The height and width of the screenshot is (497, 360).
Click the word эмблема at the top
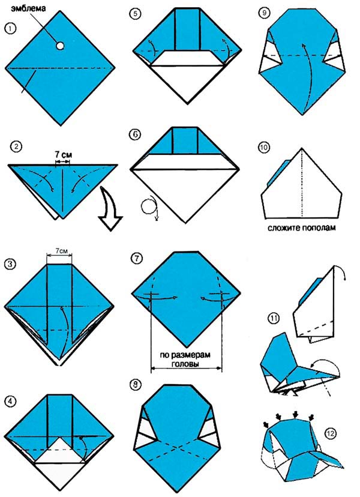[x=29, y=8]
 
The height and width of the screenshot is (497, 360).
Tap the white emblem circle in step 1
[x=60, y=46]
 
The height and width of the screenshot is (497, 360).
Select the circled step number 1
[x=10, y=29]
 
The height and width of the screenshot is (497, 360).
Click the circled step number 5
[x=136, y=14]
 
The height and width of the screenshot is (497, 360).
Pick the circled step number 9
[x=264, y=13]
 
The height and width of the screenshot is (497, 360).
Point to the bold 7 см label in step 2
[x=63, y=155]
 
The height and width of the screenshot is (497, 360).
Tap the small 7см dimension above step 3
[x=59, y=251]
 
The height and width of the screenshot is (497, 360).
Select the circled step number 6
[x=135, y=134]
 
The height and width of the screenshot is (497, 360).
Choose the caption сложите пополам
[x=301, y=227]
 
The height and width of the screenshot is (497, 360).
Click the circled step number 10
[x=264, y=148]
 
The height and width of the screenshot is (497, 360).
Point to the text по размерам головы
[x=186, y=359]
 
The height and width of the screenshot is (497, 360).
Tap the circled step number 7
[x=137, y=258]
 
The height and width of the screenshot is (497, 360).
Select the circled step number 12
[x=331, y=433]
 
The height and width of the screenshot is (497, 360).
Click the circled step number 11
[x=274, y=318]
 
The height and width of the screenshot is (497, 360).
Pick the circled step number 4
[x=10, y=402]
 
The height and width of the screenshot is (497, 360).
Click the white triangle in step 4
[x=60, y=451]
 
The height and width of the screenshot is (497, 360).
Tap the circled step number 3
[x=10, y=264]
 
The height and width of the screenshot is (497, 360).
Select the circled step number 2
[x=16, y=146]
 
